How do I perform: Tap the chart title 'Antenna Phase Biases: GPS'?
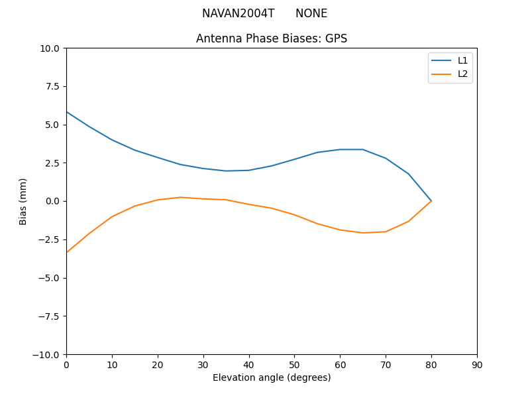tap(272, 38)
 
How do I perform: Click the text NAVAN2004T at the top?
tap(238, 13)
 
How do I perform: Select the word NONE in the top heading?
tap(311, 13)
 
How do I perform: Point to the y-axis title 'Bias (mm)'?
tap(23, 201)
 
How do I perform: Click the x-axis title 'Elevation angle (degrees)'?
tap(272, 377)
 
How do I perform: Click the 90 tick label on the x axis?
tap(477, 365)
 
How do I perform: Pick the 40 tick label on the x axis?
tap(249, 365)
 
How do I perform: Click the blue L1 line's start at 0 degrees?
tap(66, 111)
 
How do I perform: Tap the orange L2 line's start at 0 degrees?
tap(66, 253)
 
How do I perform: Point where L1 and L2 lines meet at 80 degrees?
tap(431, 201)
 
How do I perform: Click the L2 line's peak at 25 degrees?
tap(180, 197)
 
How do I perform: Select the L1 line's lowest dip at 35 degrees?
tap(226, 171)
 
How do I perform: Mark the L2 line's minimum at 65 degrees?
tap(363, 233)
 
